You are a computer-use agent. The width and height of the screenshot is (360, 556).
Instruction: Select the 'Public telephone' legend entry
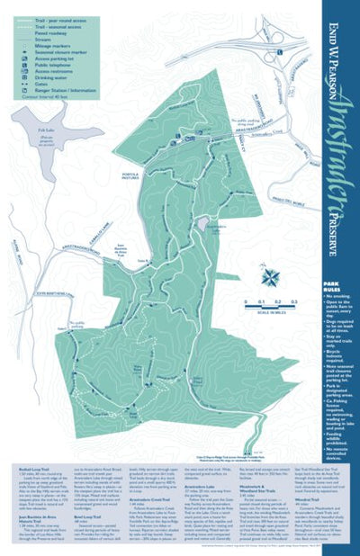tap(52, 66)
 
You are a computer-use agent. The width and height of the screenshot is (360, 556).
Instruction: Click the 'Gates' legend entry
tap(40, 85)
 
